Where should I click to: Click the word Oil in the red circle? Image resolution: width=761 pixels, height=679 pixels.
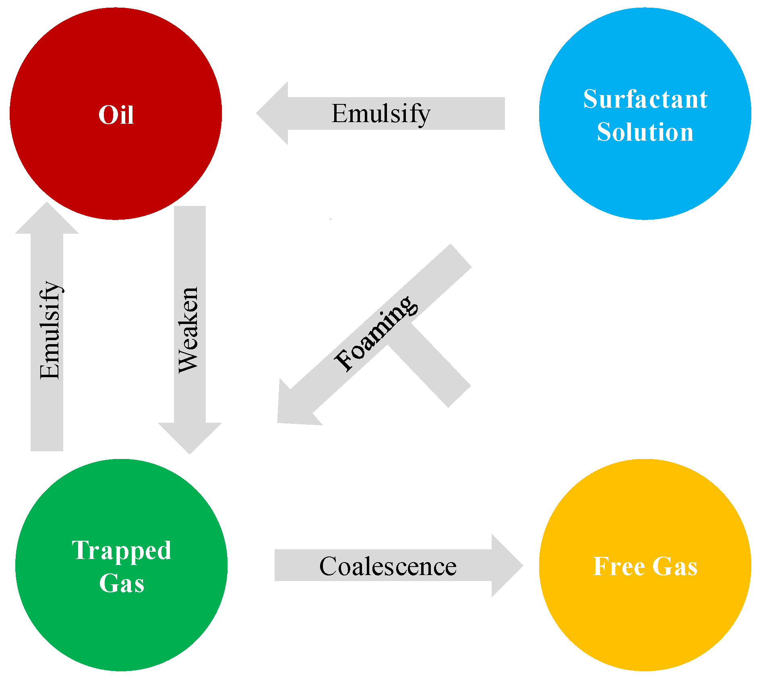pyautogui.click(x=116, y=115)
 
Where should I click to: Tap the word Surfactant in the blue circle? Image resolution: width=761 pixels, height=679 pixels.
pyautogui.click(x=645, y=99)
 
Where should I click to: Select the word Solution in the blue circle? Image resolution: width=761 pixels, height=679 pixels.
pyautogui.click(x=645, y=132)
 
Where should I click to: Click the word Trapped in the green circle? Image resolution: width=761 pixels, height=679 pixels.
pyautogui.click(x=121, y=551)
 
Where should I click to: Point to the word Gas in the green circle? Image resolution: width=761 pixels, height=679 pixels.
pyautogui.click(x=121, y=583)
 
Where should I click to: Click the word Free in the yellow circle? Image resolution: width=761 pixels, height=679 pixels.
pyautogui.click(x=619, y=567)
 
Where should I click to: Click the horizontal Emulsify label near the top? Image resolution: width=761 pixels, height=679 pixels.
pyautogui.click(x=381, y=114)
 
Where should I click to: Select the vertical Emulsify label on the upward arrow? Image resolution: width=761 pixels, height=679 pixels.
pyautogui.click(x=50, y=330)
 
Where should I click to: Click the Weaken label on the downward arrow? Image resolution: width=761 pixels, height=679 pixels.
pyautogui.click(x=188, y=330)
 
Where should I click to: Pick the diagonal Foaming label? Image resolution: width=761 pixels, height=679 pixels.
pyautogui.click(x=376, y=333)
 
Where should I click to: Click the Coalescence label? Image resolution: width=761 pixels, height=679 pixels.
pyautogui.click(x=388, y=567)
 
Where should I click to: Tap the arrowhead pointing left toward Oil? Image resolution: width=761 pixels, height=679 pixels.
pyautogui.click(x=274, y=113)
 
